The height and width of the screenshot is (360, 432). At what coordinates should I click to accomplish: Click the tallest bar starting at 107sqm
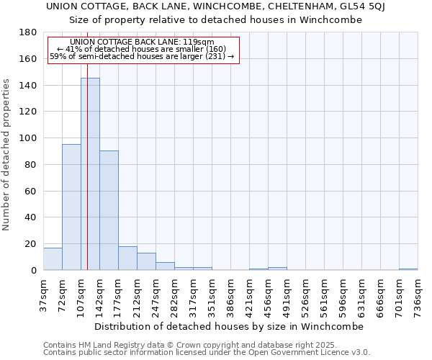90,174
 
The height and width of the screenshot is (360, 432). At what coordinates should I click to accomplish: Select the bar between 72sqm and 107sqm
71,207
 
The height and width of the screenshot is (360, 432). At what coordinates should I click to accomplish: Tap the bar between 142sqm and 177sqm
109,210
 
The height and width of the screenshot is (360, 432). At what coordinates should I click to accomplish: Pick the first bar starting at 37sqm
53,258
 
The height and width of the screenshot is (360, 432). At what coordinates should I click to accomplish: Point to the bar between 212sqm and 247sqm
146,261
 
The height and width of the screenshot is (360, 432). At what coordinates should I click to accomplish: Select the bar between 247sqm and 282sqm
165,266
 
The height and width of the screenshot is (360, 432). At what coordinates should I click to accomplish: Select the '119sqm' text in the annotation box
200,42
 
